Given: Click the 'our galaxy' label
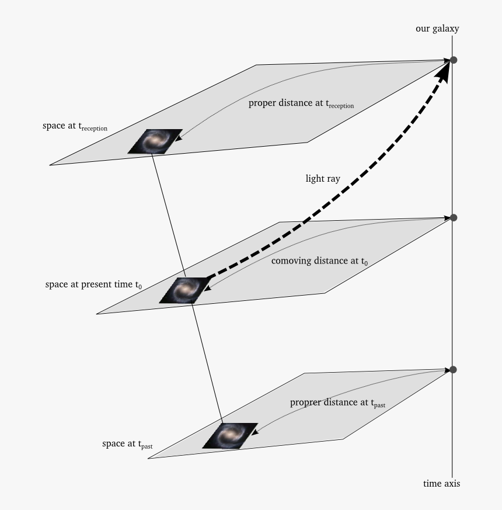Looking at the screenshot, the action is tap(437, 29).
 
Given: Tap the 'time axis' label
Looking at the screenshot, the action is tap(441, 484).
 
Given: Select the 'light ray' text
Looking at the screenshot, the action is tap(323, 179).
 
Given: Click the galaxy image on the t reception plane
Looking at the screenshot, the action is tap(155, 141).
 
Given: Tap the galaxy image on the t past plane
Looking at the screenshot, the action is tap(230, 436).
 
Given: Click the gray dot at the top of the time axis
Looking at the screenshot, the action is tap(454, 60).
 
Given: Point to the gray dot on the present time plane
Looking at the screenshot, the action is tap(454, 217).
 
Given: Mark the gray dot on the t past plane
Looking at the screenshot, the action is tap(454, 369).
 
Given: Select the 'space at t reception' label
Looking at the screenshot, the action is tap(75, 126).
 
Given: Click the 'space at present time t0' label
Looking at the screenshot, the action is tap(93, 285).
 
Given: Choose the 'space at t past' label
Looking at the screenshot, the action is tap(127, 444).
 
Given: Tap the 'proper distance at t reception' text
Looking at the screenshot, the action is tap(301, 103).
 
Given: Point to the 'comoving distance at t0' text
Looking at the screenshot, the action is tap(319, 261).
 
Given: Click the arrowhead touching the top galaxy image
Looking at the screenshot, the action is tap(179, 138).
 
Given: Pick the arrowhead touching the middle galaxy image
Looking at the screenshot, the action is tap(207, 287).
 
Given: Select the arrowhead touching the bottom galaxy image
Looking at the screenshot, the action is tap(255, 432).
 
